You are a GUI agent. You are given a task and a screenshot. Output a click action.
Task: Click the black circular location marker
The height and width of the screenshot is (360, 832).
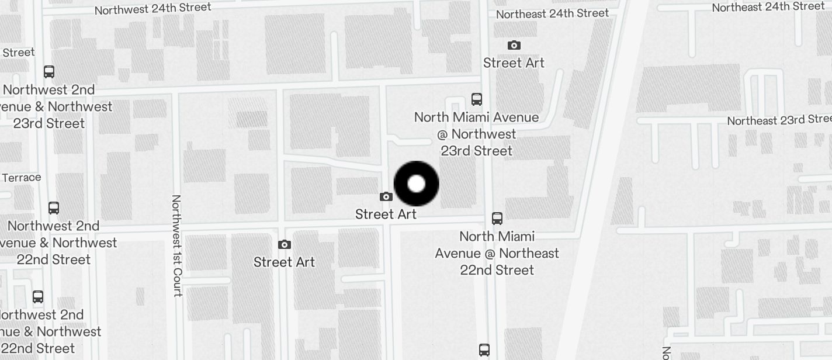tap(416, 184)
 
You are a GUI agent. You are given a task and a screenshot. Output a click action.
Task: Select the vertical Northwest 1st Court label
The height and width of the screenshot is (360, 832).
tap(177, 245)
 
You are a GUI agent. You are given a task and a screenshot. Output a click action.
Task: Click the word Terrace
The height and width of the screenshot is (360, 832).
tap(22, 177)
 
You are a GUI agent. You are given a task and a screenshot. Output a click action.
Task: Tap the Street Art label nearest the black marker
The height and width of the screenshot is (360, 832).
tap(386, 214)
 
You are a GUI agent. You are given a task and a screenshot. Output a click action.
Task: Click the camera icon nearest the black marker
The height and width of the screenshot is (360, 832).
tap(386, 197)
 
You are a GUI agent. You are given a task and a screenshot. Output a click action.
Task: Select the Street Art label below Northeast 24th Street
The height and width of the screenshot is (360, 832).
tap(514, 63)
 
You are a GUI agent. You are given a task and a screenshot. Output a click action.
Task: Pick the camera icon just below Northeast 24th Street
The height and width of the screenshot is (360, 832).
tap(514, 46)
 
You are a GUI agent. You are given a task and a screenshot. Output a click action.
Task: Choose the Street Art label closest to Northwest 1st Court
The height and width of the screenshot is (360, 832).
tap(284, 262)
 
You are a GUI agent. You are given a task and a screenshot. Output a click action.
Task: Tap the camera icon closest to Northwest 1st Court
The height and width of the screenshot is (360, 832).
tap(284, 245)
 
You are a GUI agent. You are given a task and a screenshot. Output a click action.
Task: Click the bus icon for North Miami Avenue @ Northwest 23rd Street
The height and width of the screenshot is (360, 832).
tap(477, 99)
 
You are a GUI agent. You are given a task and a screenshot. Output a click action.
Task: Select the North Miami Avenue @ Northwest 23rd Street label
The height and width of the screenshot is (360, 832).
tap(477, 134)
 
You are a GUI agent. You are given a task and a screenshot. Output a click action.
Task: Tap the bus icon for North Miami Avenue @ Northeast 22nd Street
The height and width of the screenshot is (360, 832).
tap(497, 219)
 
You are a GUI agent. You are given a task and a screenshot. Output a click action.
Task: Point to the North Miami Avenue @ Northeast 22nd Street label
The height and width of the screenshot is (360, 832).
tap(497, 253)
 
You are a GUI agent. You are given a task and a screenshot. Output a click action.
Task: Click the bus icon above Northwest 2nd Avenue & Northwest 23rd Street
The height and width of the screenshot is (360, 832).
tap(49, 72)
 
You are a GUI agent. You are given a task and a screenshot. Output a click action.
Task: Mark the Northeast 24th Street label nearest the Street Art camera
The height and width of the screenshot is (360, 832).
tap(552, 13)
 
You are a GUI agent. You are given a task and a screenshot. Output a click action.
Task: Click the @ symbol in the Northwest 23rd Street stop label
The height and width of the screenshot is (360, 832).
tap(442, 134)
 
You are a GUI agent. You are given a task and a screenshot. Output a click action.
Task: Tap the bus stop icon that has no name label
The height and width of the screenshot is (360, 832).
tap(484, 350)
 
